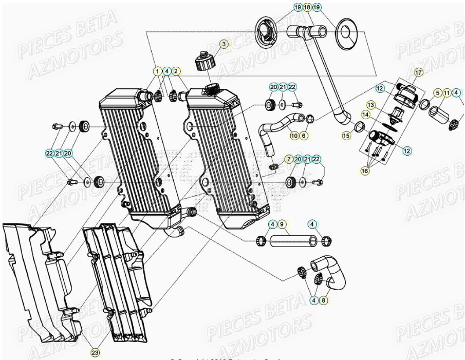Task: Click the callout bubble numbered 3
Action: click(x=224, y=45)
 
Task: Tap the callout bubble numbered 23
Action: click(x=96, y=353)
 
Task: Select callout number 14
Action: click(x=366, y=115)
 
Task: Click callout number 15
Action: click(x=345, y=136)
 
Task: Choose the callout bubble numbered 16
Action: click(x=365, y=172)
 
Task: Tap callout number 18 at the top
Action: click(x=307, y=7)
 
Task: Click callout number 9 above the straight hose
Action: click(x=282, y=224)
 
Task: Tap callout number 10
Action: click(x=294, y=136)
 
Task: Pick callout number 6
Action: click(x=304, y=136)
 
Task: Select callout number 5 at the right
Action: click(x=437, y=93)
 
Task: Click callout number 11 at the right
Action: click(x=447, y=93)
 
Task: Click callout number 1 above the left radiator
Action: click(x=157, y=71)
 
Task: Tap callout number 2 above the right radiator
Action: click(x=176, y=71)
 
